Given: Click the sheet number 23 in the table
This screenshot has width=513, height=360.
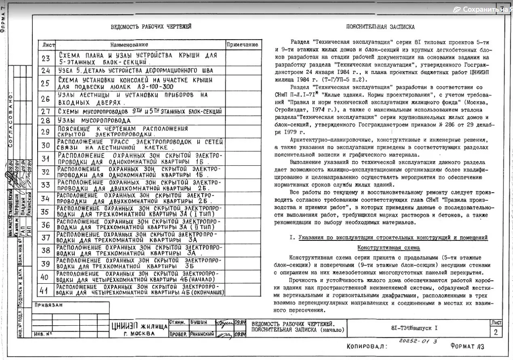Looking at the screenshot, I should [x=45, y=58].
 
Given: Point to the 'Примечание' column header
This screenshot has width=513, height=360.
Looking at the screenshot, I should [x=242, y=44].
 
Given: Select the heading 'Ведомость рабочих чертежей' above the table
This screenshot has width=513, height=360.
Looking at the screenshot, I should [x=151, y=27].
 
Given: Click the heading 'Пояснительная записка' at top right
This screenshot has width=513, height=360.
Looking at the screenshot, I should [x=380, y=27].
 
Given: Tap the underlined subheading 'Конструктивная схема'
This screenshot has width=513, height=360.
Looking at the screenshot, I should [x=388, y=248].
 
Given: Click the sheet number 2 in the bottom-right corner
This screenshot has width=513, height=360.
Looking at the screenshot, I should [x=495, y=332].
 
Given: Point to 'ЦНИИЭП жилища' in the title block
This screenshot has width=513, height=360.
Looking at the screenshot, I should [x=139, y=326].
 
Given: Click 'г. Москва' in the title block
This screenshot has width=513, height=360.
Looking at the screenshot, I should [x=139, y=334].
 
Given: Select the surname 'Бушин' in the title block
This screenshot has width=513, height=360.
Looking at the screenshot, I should [x=199, y=322].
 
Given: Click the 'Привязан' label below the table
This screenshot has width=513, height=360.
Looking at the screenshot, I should [x=49, y=305].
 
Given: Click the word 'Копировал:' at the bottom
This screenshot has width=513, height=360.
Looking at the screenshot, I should [x=367, y=347].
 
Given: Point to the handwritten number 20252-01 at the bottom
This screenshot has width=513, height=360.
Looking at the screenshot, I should [x=412, y=341].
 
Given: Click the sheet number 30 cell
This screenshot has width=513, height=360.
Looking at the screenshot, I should [x=45, y=145].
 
